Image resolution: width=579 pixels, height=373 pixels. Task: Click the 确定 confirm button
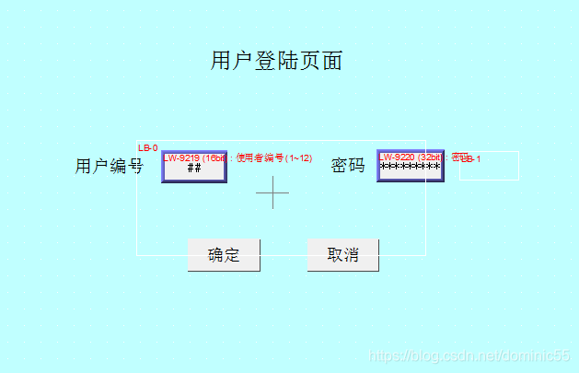[x=224, y=255]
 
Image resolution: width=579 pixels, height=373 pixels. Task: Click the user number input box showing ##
[x=194, y=167]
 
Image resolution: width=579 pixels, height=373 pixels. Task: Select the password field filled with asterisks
[x=411, y=167]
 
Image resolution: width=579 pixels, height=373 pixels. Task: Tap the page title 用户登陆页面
[x=276, y=61]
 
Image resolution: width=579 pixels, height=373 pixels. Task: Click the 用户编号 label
[x=109, y=166]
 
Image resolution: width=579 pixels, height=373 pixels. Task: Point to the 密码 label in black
[x=348, y=166]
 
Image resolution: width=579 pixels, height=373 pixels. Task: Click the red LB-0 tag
[x=147, y=147]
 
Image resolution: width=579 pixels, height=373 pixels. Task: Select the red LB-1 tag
[x=471, y=159]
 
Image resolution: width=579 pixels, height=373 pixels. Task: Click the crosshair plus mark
[x=272, y=192]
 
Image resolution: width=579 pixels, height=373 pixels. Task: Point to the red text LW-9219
[x=182, y=157]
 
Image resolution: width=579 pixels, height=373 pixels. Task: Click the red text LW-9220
[x=398, y=157]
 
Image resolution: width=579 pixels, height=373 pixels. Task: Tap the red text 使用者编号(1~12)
[x=274, y=157]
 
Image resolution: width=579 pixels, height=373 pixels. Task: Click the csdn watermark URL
[x=469, y=356]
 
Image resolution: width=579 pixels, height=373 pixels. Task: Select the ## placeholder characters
[x=194, y=169]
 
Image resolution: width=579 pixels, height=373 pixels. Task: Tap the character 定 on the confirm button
[x=232, y=255]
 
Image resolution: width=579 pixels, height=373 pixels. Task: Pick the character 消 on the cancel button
[x=352, y=255]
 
